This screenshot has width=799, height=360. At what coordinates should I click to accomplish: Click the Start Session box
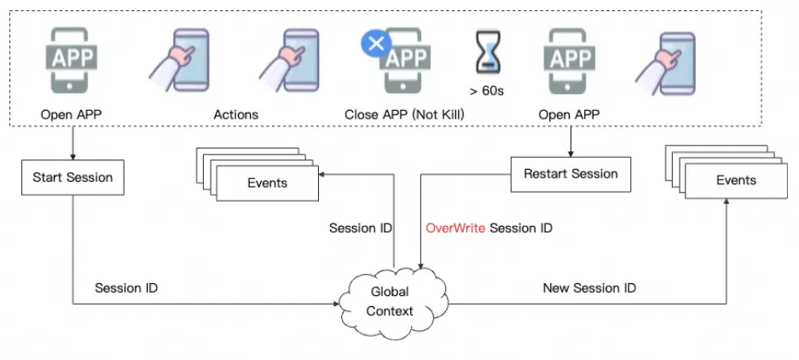(72, 178)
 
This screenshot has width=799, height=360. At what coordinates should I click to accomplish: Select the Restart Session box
(570, 174)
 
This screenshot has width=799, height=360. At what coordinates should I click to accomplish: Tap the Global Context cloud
(390, 301)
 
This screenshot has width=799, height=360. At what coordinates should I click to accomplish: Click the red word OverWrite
(455, 228)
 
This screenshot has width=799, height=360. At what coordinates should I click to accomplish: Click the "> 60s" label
(487, 90)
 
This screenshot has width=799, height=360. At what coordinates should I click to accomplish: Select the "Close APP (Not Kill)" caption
(404, 113)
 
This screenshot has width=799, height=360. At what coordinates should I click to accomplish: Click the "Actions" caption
(235, 113)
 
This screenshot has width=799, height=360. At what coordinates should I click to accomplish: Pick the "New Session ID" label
(589, 288)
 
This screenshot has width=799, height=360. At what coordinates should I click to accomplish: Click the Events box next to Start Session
(267, 183)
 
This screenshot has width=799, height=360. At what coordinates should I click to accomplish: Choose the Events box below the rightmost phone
(736, 180)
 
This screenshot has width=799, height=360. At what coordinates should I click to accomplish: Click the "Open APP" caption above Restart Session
(569, 113)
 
